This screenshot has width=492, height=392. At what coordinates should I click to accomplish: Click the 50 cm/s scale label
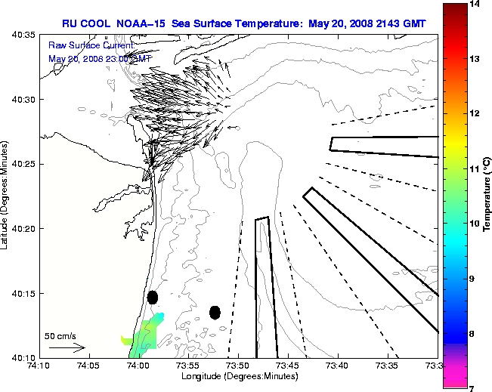[x=60, y=336]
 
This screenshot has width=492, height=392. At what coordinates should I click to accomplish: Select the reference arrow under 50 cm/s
[x=67, y=348]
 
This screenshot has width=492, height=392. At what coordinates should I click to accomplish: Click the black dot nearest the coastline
[x=153, y=298]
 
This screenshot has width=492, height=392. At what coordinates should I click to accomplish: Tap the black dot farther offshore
[x=215, y=312]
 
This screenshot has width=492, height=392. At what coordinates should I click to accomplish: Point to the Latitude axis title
[x=6, y=197]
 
